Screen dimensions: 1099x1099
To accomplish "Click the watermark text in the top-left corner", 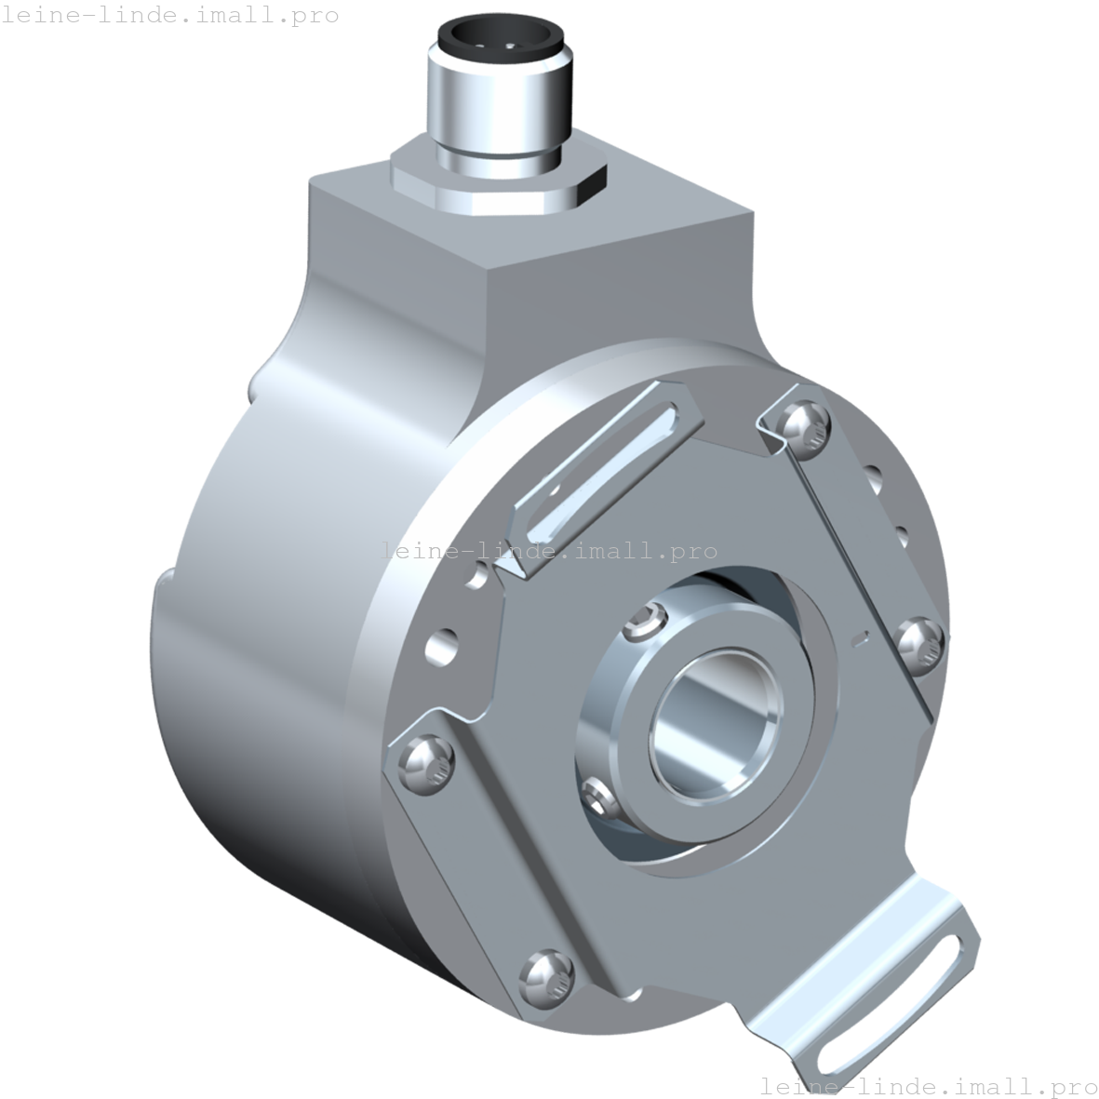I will pyautogui.click(x=169, y=16).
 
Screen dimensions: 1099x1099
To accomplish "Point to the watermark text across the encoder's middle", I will pyautogui.click(x=549, y=551).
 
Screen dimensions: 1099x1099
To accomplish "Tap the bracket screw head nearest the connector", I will pyautogui.click(x=804, y=423).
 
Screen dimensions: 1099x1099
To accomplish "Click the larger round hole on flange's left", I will pyautogui.click(x=441, y=645).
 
